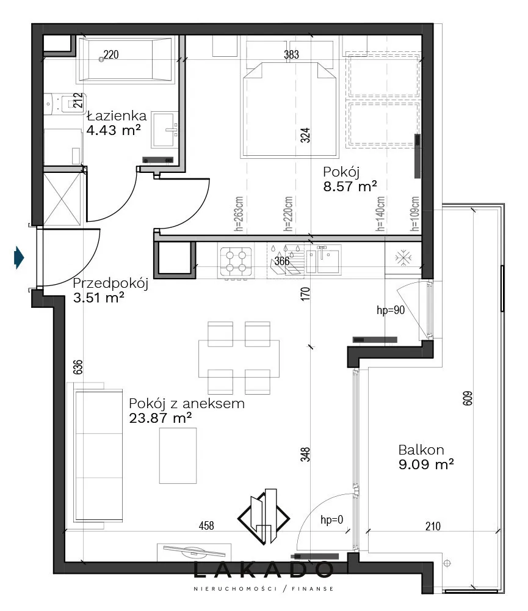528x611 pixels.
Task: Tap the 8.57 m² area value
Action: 350,186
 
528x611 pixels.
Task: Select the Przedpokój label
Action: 110,284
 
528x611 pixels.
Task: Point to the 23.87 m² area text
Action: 160,418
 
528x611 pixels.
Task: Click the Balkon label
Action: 421,450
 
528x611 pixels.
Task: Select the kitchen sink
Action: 323,261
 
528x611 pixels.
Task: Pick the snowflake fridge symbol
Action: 403,258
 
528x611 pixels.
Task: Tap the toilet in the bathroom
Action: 64,104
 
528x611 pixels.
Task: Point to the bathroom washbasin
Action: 165,130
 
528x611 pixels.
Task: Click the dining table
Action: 239,359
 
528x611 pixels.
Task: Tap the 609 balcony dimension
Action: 467,398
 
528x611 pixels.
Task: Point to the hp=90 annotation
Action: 391,310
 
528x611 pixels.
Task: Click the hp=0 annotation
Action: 331,519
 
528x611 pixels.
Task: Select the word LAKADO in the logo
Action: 263,570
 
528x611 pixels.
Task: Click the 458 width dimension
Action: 206,525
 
